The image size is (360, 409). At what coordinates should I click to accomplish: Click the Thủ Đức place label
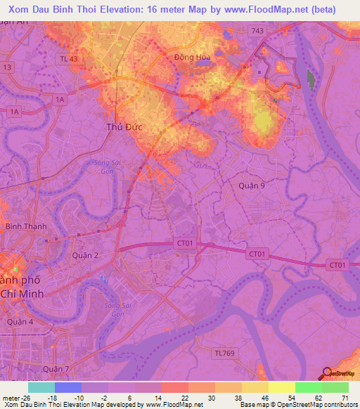point(121,126)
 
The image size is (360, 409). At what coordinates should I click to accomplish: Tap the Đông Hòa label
point(192,58)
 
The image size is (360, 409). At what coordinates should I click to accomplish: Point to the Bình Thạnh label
point(26,226)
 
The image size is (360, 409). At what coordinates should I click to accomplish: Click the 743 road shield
point(258,31)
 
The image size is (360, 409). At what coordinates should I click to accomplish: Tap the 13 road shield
point(8,67)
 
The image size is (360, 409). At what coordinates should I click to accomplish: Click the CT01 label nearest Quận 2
point(184,243)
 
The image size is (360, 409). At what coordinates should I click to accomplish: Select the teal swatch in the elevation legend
point(41,387)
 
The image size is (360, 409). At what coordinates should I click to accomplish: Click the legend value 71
point(344,398)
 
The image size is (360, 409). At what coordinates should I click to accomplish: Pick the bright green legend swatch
point(309,387)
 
